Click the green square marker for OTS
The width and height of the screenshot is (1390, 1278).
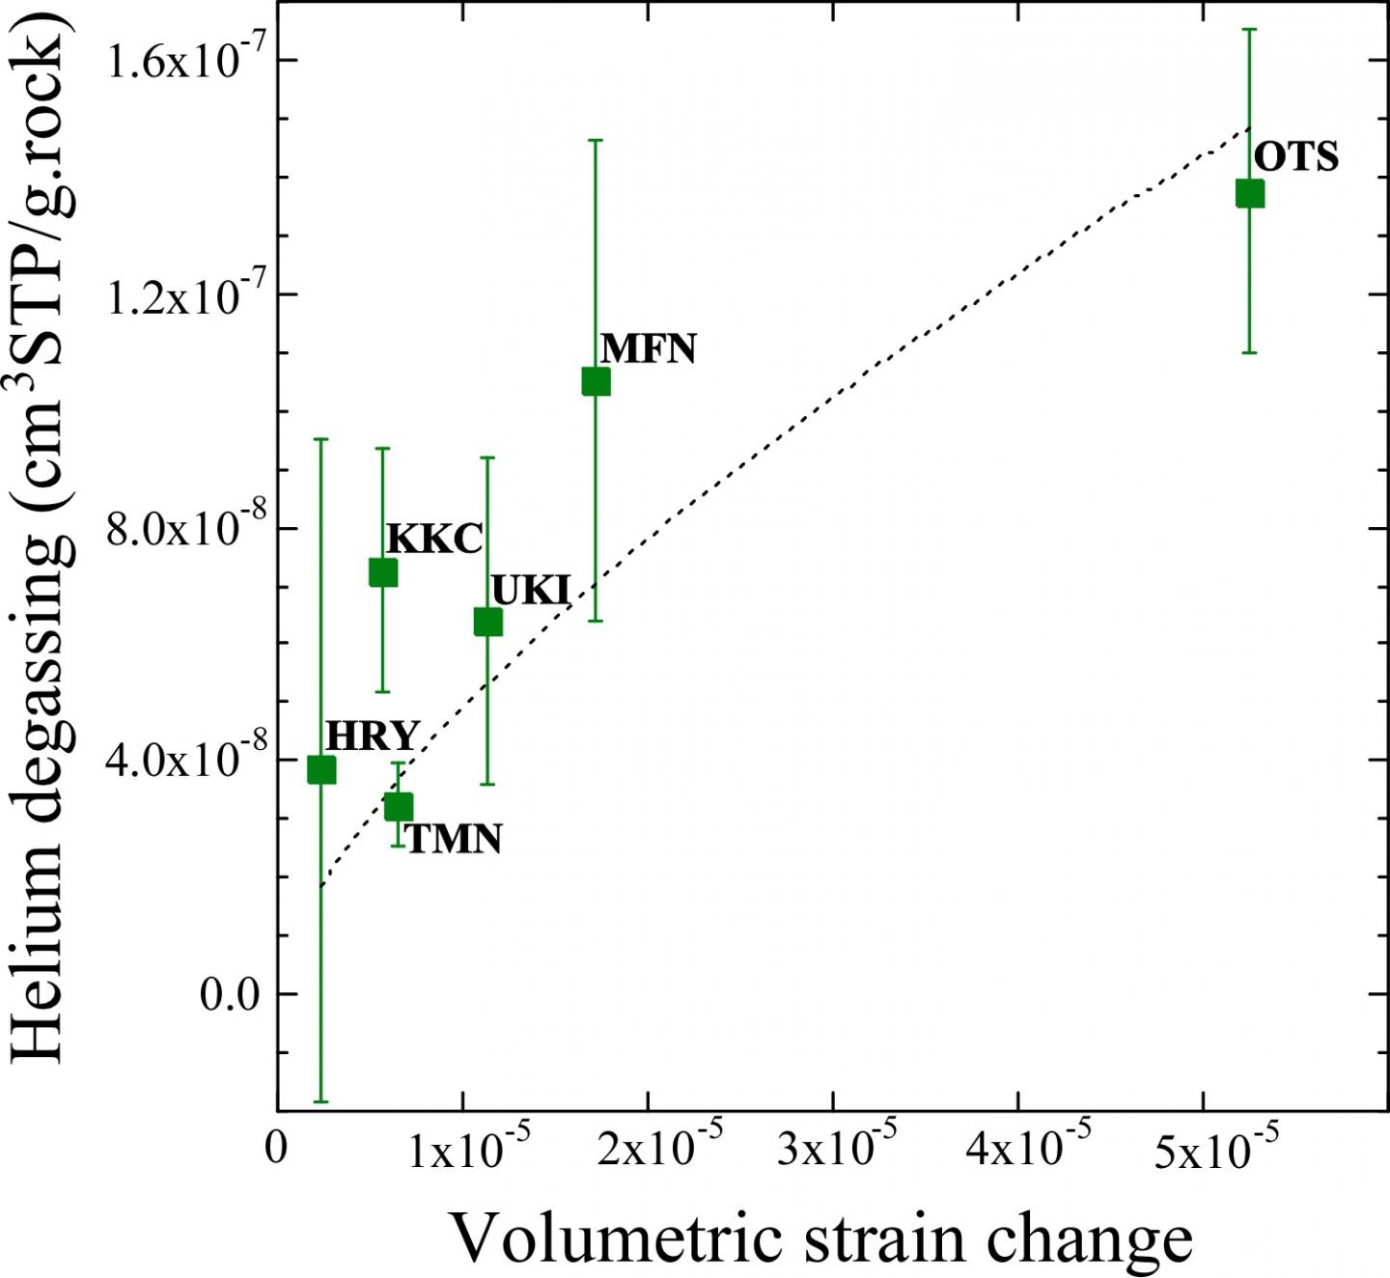(x=1249, y=193)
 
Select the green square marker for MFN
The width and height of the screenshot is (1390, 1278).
(x=596, y=381)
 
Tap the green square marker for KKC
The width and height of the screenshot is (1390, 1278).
(x=383, y=572)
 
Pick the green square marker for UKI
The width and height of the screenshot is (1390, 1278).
(x=487, y=623)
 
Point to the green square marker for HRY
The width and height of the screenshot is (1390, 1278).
(x=320, y=769)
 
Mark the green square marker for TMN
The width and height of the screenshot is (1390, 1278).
(x=398, y=806)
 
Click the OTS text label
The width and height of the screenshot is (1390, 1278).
(x=1296, y=156)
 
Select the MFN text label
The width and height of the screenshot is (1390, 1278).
(x=648, y=348)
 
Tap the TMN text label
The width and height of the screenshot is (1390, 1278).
(x=454, y=839)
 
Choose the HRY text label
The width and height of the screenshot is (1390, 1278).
(x=372, y=736)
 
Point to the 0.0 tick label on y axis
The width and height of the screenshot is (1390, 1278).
(x=230, y=994)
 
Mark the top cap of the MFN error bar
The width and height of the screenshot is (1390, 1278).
(x=596, y=140)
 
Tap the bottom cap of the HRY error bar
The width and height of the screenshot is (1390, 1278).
(x=320, y=1101)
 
